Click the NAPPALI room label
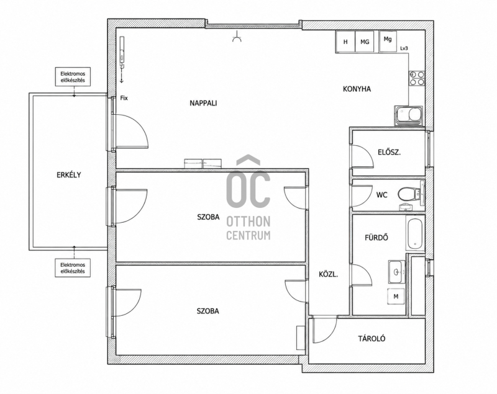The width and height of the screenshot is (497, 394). tap(203, 103)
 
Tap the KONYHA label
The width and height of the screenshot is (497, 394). tap(357, 89)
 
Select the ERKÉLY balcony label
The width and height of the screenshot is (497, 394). tap(69, 175)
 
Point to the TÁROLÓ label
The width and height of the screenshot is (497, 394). tap(372, 339)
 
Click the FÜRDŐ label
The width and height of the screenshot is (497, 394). tap(376, 237)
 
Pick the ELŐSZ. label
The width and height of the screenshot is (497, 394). tap(390, 152)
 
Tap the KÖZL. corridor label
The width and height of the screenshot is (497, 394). tap(329, 274)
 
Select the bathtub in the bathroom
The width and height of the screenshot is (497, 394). tap(415, 233)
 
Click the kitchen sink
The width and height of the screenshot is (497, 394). tap(409, 115)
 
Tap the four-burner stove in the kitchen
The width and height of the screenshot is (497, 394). tap(417, 78)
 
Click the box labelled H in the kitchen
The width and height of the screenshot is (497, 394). tap(345, 42)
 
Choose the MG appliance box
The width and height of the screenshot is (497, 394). tap(365, 42)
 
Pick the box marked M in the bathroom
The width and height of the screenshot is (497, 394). tap(396, 297)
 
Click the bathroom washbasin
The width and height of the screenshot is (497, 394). tap(397, 272)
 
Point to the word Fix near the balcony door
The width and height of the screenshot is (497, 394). tap(124, 98)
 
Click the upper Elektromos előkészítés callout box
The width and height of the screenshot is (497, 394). tap(73, 76)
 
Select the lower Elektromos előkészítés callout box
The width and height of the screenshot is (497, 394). tap(73, 268)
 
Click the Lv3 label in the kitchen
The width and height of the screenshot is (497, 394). tap(404, 48)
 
